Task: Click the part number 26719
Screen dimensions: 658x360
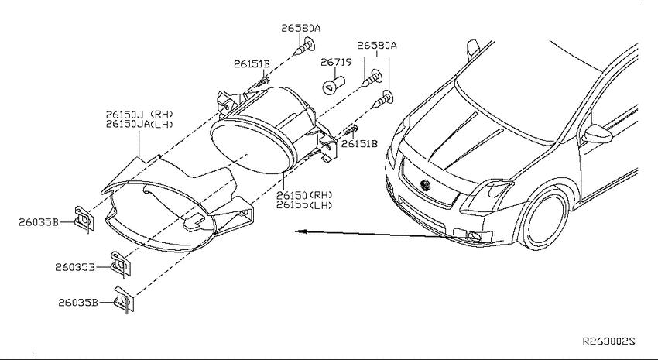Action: [336, 63]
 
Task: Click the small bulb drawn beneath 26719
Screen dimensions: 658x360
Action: [333, 84]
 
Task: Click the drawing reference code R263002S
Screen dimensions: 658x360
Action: [609, 341]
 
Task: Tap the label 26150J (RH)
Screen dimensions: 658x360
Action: [139, 114]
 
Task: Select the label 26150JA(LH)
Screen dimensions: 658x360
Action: [139, 124]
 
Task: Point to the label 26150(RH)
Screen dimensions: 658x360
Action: [304, 195]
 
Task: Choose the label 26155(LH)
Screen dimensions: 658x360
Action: [304, 205]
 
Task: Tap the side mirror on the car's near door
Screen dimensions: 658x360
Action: [597, 134]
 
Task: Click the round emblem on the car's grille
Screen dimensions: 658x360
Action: [426, 184]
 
